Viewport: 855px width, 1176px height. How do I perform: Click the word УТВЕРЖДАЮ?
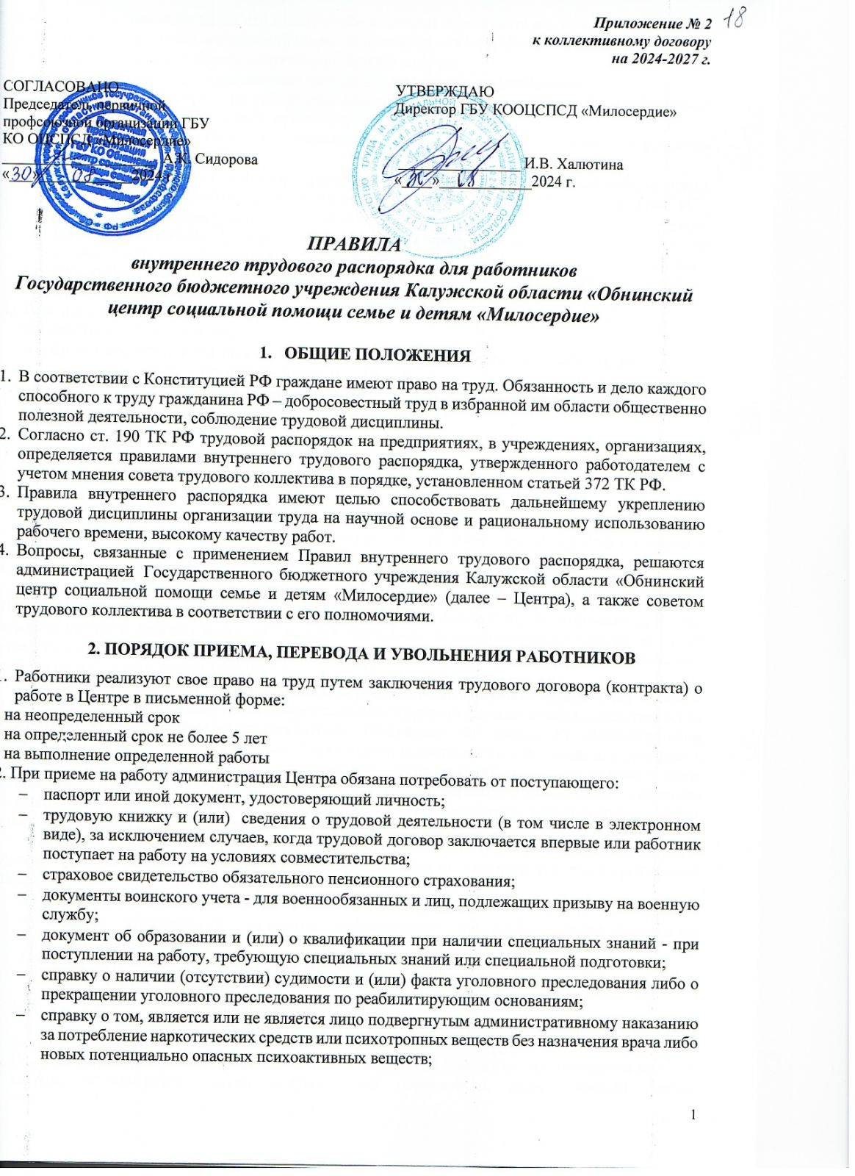(x=445, y=91)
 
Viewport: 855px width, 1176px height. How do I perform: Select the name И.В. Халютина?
(x=574, y=164)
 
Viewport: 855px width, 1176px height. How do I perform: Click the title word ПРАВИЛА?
(x=354, y=244)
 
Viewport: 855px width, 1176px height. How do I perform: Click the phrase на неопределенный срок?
(x=93, y=716)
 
